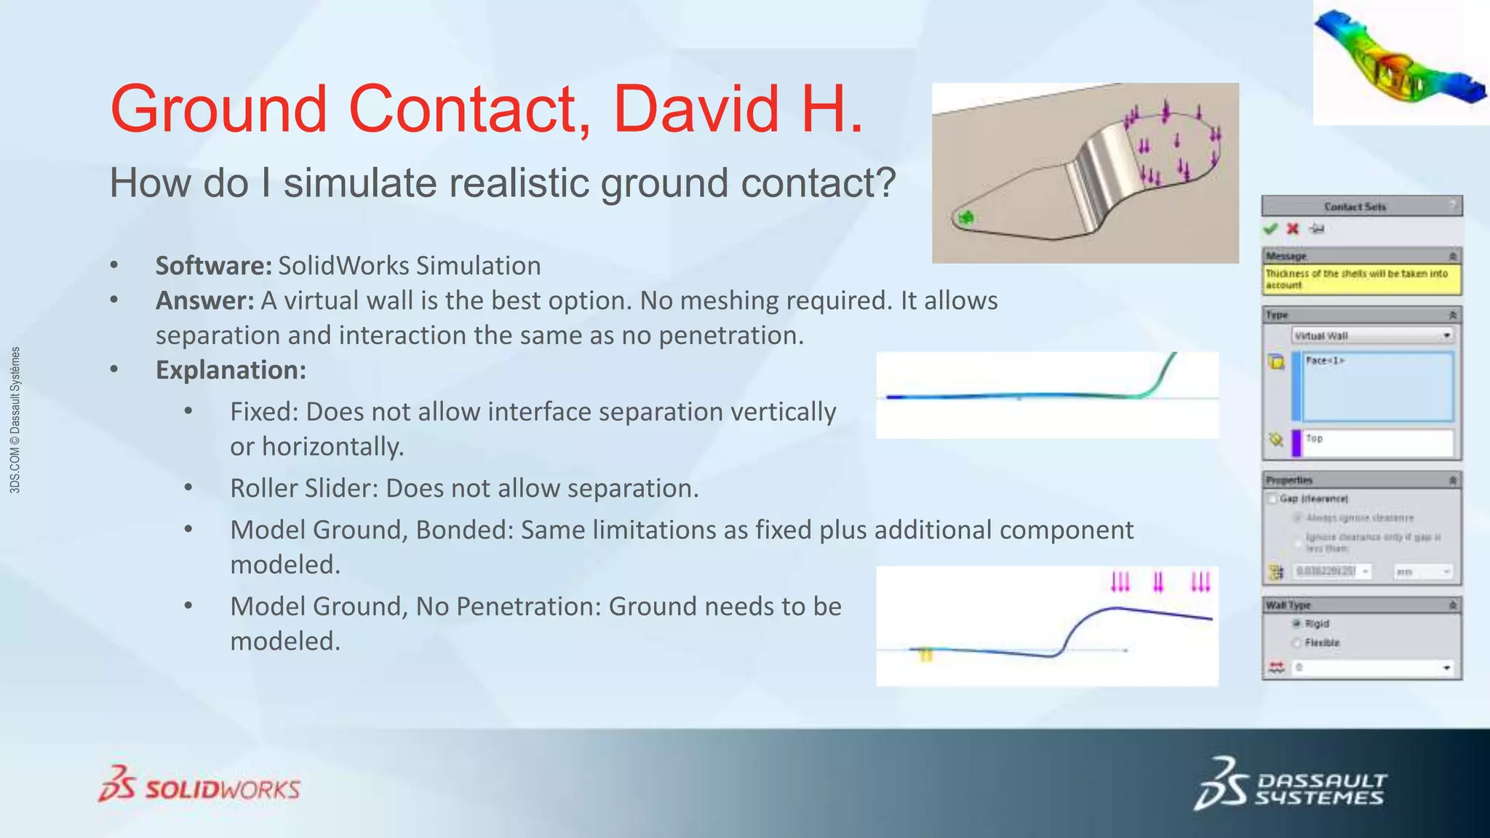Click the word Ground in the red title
(x=218, y=109)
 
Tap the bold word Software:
(x=212, y=266)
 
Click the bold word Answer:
(x=204, y=300)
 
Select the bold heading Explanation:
(x=231, y=370)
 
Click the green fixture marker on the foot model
(x=965, y=217)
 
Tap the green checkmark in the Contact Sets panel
(x=1270, y=229)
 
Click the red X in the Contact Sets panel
(x=1293, y=229)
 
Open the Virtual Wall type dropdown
(x=1446, y=335)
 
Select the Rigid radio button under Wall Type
(x=1296, y=623)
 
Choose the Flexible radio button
(x=1296, y=642)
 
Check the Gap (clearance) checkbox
(x=1272, y=498)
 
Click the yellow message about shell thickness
(x=1360, y=279)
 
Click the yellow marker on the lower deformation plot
(x=925, y=655)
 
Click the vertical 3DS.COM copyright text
(x=15, y=420)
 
